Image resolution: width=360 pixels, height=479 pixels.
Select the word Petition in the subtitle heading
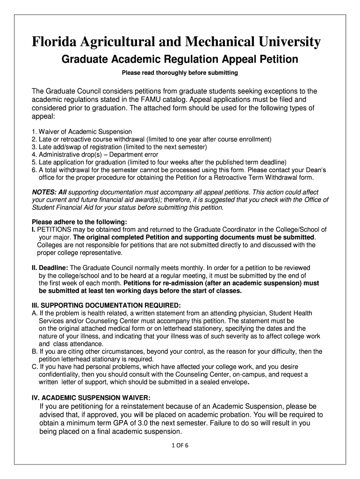pyautogui.click(x=277, y=60)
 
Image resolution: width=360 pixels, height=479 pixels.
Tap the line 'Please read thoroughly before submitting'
pyautogui.click(x=180, y=73)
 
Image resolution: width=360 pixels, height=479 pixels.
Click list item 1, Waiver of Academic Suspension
pyautogui.click(x=82, y=132)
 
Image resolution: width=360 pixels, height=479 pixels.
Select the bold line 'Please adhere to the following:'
pyautogui.click(x=79, y=222)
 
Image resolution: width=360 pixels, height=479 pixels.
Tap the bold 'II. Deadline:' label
pyautogui.click(x=50, y=268)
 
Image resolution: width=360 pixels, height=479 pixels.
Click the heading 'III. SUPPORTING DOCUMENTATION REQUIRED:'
pyautogui.click(x=106, y=305)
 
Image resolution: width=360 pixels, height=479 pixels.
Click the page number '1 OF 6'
pyautogui.click(x=180, y=445)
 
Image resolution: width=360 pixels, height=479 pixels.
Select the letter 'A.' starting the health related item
pyautogui.click(x=35, y=313)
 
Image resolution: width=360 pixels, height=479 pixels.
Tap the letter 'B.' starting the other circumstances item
pyautogui.click(x=35, y=351)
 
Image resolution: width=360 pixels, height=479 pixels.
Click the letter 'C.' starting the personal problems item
pyautogui.click(x=35, y=367)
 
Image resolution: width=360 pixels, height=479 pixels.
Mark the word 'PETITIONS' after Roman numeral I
pyautogui.click(x=53, y=230)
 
